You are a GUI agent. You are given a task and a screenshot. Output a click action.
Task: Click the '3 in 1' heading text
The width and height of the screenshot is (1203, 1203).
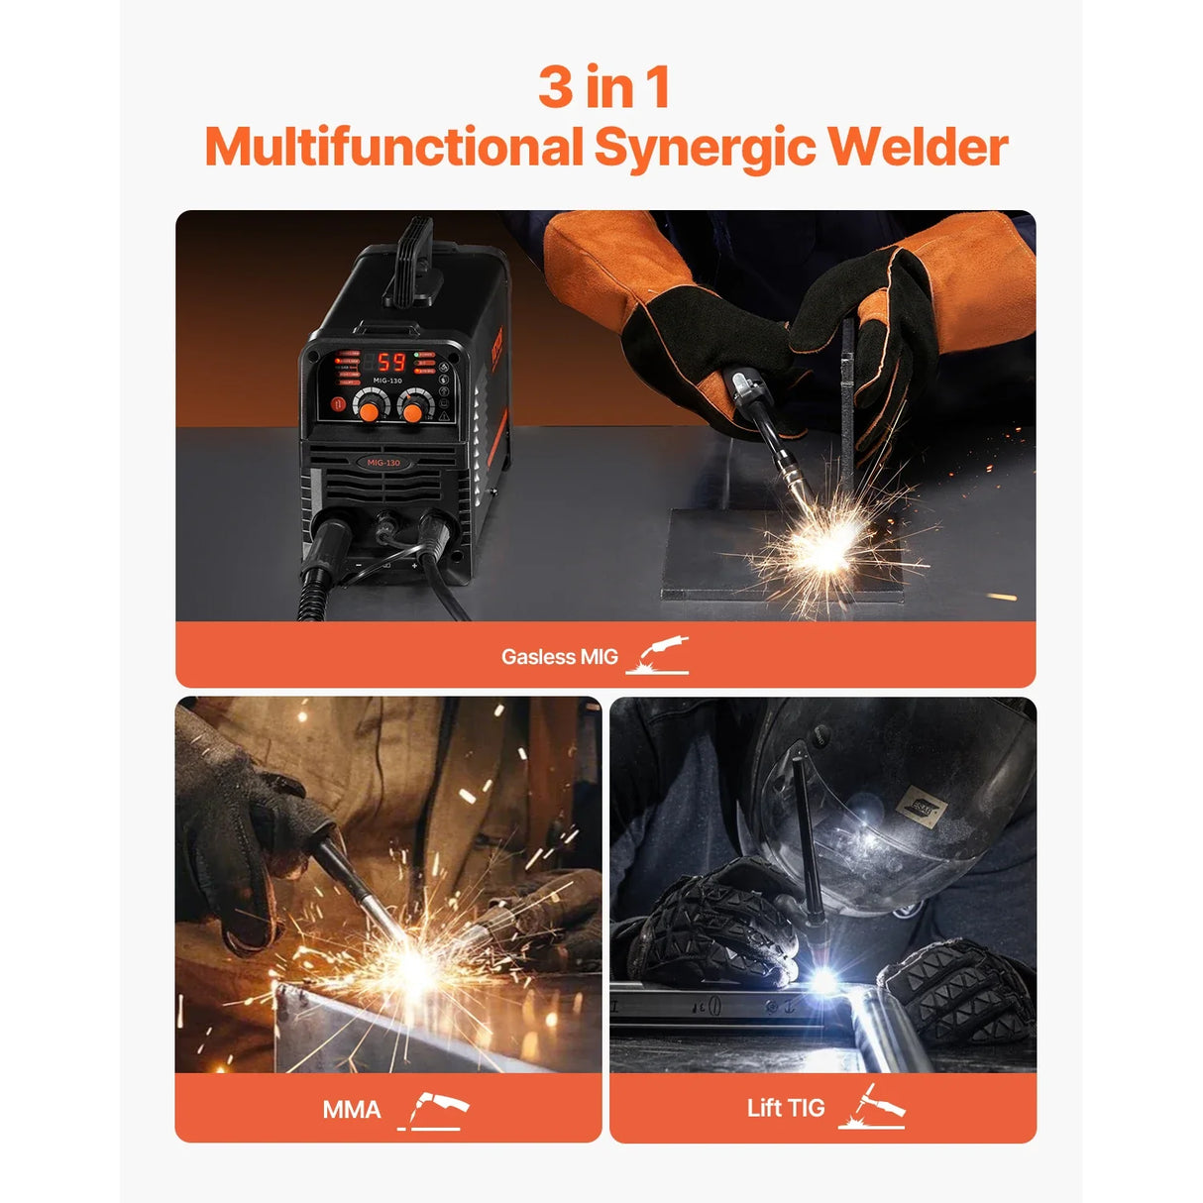604,87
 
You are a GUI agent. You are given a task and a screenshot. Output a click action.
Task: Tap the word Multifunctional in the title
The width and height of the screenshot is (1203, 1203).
393,148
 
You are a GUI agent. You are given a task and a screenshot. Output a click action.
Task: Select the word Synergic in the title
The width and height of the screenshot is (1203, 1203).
705,149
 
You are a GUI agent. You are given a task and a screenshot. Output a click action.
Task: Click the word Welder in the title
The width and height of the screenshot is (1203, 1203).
918,148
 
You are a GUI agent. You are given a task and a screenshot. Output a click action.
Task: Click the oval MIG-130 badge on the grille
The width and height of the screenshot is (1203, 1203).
383,463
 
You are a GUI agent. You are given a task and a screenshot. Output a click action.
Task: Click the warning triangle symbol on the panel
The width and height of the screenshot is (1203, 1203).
443,417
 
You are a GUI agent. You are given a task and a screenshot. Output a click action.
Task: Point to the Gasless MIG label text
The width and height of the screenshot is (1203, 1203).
559,657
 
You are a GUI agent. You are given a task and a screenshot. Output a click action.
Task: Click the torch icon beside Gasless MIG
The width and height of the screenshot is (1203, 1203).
658,656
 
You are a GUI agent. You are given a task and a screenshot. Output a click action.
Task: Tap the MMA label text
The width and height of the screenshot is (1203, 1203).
351,1109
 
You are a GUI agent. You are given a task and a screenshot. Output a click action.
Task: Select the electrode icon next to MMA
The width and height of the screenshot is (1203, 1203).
434,1110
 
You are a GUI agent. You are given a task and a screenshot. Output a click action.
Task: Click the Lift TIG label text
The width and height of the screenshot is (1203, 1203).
785,1108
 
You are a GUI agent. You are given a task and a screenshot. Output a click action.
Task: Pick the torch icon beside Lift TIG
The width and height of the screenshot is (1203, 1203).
872,1107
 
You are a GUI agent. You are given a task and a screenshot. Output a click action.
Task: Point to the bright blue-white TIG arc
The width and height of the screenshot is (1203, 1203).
822,980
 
